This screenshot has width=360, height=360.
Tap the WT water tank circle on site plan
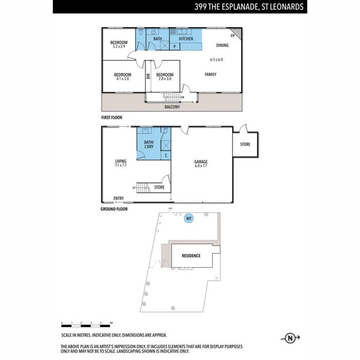coord(189,218)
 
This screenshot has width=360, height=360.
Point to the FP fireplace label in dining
coord(233,36)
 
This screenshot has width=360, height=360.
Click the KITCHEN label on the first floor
coord(186,39)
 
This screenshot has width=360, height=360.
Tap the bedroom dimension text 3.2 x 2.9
coord(119,47)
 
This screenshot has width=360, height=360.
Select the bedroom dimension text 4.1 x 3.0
coord(122,79)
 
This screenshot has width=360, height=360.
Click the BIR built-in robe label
coord(148,76)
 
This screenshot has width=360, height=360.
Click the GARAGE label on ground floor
coord(201,162)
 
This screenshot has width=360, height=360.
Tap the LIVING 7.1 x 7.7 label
coord(121,164)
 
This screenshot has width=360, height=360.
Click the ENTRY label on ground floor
coord(119,199)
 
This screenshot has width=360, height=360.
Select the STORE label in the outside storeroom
coord(245,144)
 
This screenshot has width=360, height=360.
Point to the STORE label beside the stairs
coord(159,187)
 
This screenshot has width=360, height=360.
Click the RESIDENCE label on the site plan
coord(191,256)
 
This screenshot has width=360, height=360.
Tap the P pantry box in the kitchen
coord(175,47)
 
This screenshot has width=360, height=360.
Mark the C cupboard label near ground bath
coord(166,156)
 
